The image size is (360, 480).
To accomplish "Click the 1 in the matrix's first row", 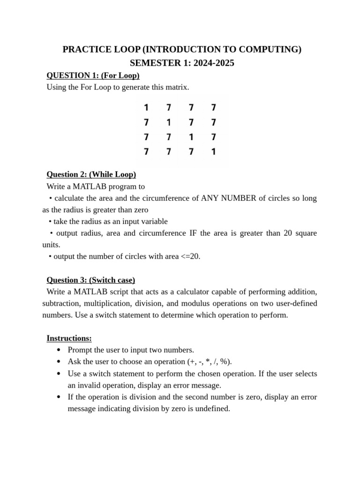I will tap(146, 108).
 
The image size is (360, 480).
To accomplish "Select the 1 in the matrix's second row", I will tap(169, 122).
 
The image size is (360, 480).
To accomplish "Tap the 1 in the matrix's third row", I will tap(191, 137).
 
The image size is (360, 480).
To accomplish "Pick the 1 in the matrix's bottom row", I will tap(213, 151).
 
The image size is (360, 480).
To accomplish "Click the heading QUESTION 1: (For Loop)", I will tap(93, 75).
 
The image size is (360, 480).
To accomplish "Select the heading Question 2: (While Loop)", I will tap(91, 174).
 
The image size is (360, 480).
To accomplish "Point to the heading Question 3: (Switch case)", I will tap(90, 280).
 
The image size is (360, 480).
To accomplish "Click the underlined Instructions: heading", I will tap(69, 338).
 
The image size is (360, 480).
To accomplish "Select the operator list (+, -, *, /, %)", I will tap(209, 361).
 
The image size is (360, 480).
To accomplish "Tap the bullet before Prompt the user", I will tap(58, 350).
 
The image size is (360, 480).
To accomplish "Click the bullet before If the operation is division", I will tap(58, 397).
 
